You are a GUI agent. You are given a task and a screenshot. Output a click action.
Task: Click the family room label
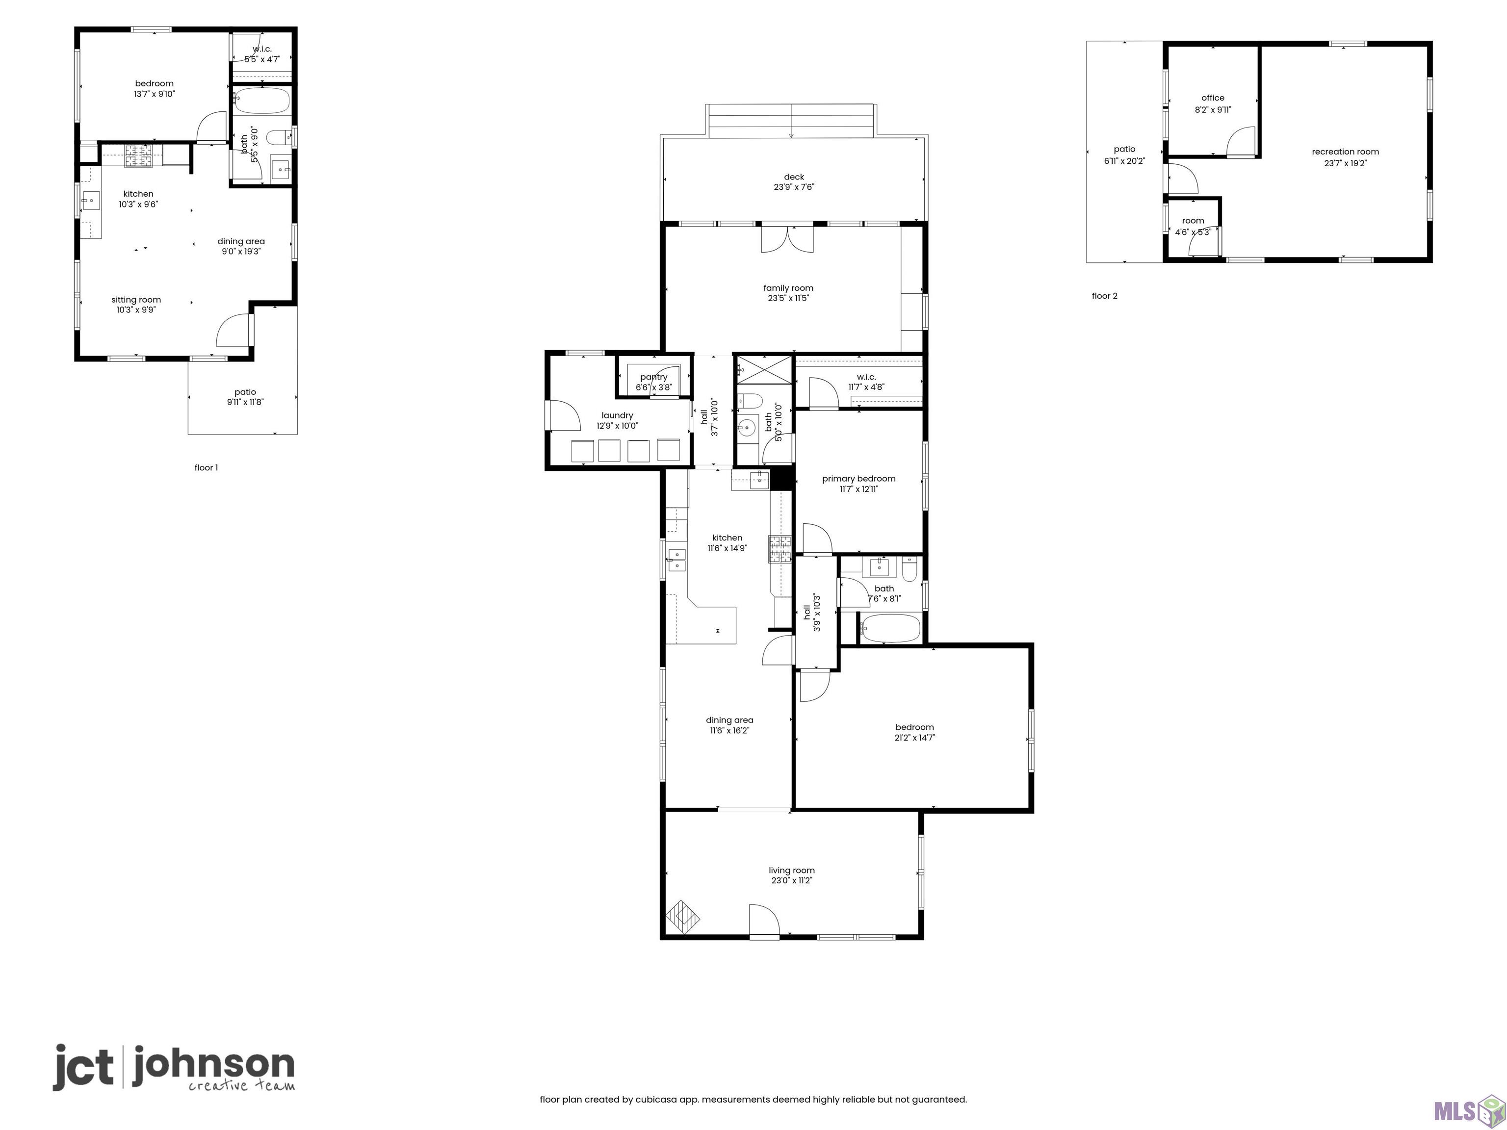[x=788, y=288]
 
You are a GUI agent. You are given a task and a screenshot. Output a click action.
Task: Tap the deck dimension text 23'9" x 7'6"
[x=794, y=187]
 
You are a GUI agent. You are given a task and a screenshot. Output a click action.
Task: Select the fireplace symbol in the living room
[x=683, y=917]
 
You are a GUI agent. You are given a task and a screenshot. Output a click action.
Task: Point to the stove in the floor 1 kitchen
[x=138, y=156]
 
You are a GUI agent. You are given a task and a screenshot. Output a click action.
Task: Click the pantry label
[x=653, y=377]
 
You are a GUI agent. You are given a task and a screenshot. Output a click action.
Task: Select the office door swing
[x=1241, y=142]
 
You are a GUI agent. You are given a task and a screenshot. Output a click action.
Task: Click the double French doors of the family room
[x=787, y=238]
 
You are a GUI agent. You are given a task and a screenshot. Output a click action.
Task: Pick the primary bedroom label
[x=858, y=478]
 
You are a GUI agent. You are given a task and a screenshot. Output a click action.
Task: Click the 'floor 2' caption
[x=1104, y=296]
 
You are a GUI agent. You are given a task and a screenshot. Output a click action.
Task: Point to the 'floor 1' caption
[x=206, y=467]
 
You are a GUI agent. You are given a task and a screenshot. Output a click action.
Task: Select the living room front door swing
[x=764, y=920]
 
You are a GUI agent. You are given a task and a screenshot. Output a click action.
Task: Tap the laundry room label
[x=617, y=415]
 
